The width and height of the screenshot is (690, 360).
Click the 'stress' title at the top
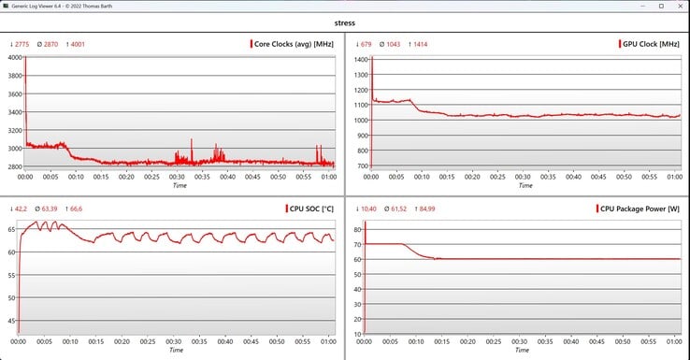tap(345, 22)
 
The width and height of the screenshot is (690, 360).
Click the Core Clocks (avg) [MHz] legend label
tap(294, 44)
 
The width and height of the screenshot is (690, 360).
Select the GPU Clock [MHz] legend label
tap(651, 44)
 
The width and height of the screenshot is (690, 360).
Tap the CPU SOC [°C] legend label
tap(311, 209)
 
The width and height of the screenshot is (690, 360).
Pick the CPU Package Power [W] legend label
tap(640, 209)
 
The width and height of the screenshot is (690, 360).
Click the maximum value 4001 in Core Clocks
tap(78, 44)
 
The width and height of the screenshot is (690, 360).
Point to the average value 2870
tap(50, 44)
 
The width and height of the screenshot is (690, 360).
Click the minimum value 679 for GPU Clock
tap(367, 44)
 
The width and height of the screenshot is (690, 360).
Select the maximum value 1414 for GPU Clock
tap(420, 44)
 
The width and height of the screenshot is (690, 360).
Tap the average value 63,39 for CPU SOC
tap(50, 209)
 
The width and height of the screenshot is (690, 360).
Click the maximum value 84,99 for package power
tap(427, 209)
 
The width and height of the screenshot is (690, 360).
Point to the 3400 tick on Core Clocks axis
tap(15, 112)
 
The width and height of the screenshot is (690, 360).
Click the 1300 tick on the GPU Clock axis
tap(361, 75)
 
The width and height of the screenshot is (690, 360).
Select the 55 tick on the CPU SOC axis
tap(11, 275)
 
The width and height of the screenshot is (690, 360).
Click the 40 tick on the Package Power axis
tap(357, 289)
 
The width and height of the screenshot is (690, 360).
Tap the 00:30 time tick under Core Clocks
tap(177, 177)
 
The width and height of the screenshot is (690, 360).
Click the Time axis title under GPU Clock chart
tap(525, 185)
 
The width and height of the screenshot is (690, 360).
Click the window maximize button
tap(661, 7)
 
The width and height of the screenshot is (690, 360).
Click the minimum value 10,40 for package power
tap(368, 209)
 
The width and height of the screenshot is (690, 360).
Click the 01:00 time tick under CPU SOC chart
tap(328, 341)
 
